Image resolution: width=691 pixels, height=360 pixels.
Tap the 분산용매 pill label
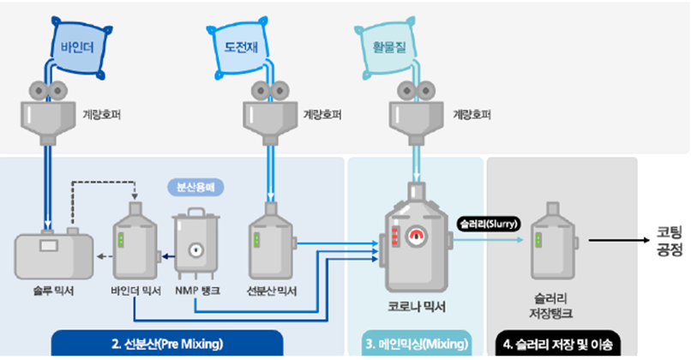point(197,186)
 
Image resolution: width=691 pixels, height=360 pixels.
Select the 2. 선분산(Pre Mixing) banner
point(166,344)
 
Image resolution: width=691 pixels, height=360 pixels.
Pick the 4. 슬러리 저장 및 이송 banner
point(558,344)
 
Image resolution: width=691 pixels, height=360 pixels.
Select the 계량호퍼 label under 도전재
point(318,112)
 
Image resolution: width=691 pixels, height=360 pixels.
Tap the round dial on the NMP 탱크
point(198,250)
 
